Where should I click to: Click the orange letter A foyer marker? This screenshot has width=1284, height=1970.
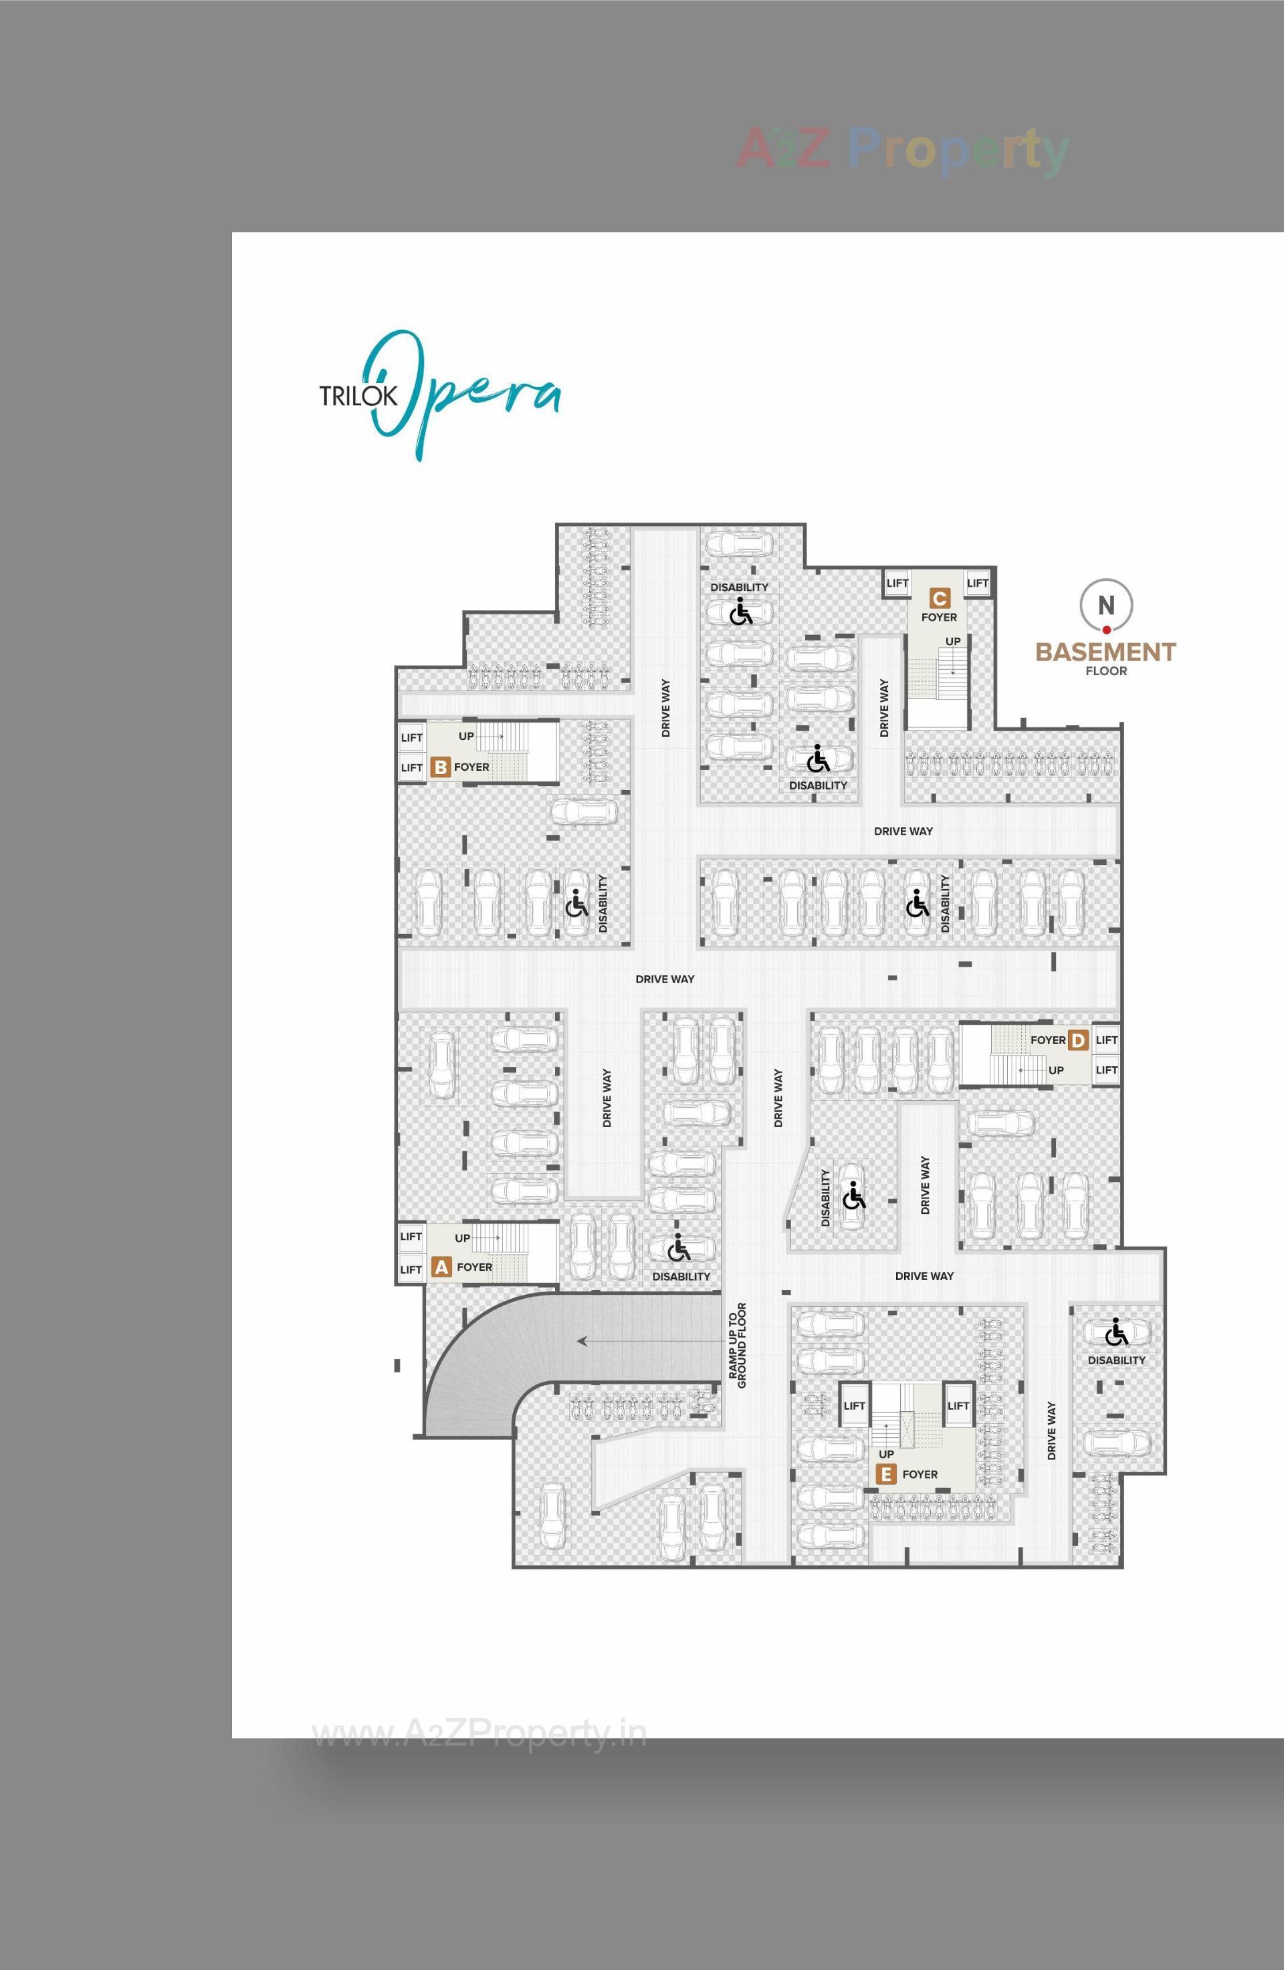(x=442, y=1267)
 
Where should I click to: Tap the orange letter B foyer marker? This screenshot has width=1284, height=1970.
(x=441, y=767)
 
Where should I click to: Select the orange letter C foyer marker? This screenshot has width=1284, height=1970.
(x=939, y=598)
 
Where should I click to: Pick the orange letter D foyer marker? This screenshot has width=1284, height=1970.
(x=1077, y=1040)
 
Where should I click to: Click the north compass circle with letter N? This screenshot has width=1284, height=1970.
(x=1106, y=605)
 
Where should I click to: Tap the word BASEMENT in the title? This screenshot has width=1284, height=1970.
(x=1105, y=652)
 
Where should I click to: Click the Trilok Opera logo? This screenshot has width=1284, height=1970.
(x=439, y=394)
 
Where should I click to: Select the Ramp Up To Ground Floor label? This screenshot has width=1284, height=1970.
(x=738, y=1346)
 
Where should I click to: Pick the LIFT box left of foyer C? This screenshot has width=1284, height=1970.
(x=897, y=584)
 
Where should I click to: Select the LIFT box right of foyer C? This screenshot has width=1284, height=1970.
(x=978, y=584)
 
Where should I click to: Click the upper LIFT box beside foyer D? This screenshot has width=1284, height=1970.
(x=1106, y=1040)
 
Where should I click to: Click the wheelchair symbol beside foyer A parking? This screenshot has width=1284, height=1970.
(x=678, y=1246)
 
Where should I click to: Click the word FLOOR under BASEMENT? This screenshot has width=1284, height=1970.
(x=1106, y=671)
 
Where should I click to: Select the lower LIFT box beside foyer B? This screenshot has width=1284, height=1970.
(x=411, y=768)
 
